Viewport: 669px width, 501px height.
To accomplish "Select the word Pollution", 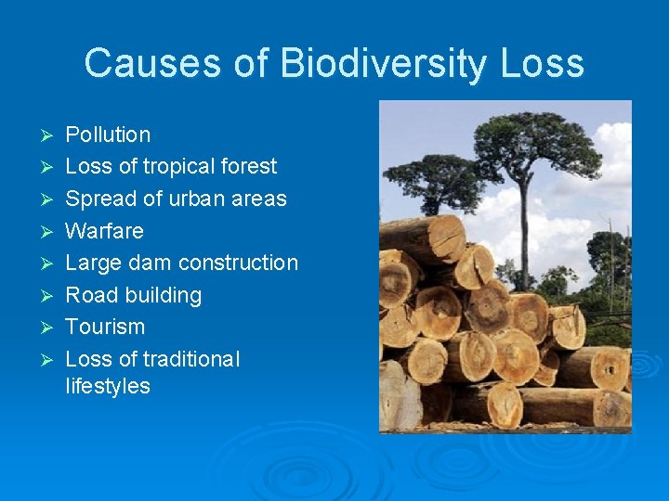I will click(108, 135).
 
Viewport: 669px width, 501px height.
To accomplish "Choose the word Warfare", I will click(104, 231).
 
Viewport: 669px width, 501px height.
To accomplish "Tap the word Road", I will click(90, 295).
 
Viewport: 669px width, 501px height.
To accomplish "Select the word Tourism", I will click(105, 327).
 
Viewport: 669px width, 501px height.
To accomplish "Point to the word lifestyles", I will click(108, 386).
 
